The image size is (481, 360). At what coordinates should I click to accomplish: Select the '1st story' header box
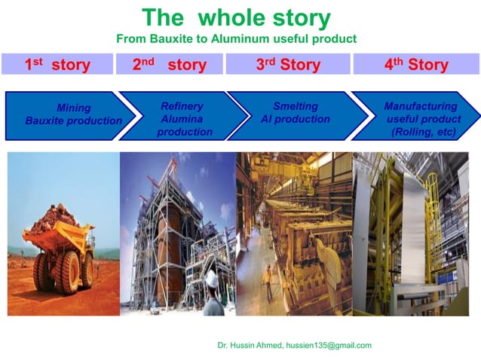tap(57, 64)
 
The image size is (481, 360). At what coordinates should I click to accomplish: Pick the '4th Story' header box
tap(416, 64)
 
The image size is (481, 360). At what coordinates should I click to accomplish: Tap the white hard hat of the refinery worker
tap(212, 278)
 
